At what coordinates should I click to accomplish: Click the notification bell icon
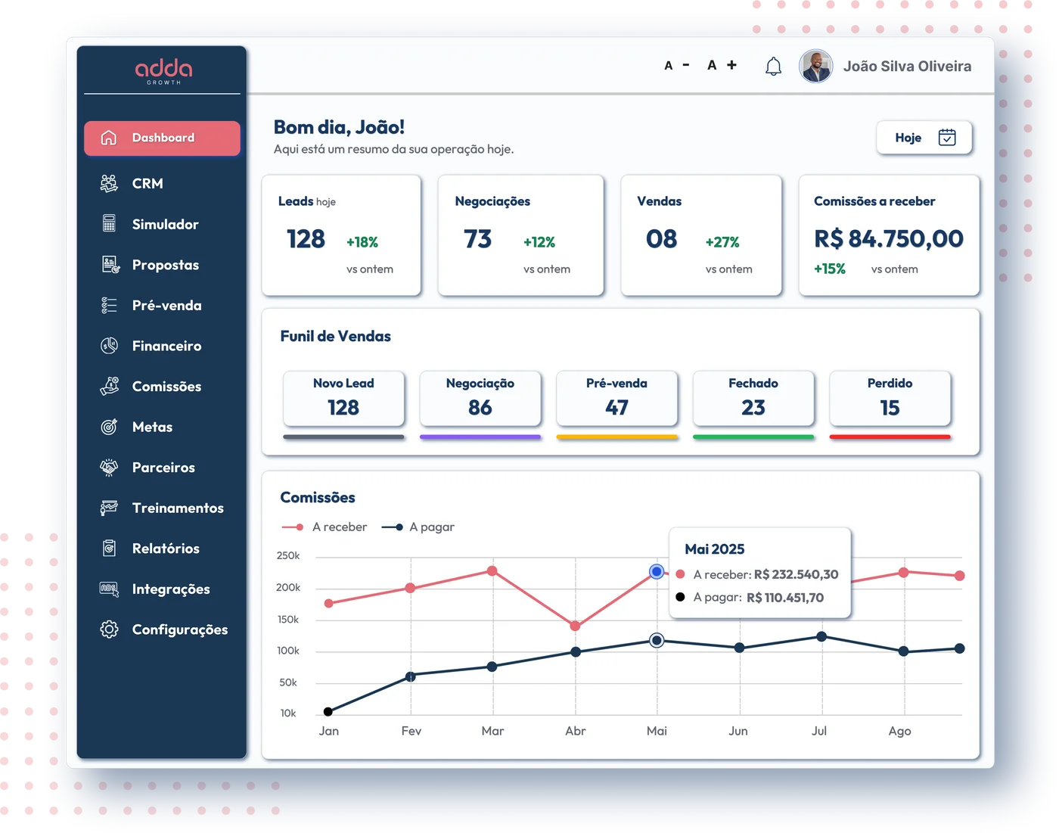(772, 66)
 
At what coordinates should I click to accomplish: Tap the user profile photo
(815, 66)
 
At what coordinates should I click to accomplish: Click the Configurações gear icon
(109, 629)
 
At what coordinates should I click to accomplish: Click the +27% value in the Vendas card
(722, 241)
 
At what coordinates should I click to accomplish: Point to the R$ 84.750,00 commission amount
(888, 239)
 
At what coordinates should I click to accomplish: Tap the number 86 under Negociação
(480, 407)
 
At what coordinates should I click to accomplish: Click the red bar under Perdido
(890, 437)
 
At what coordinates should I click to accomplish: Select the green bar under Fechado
(753, 437)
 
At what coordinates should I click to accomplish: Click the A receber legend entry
(324, 527)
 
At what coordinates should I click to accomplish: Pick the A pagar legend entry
(418, 527)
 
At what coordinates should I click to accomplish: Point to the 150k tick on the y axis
(288, 619)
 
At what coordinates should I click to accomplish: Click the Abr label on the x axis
(575, 731)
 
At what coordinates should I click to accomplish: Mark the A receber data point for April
(575, 626)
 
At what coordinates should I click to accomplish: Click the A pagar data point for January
(328, 711)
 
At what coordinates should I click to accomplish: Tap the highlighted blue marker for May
(656, 571)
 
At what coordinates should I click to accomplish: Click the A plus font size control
(722, 65)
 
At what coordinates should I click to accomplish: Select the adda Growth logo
(163, 72)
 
